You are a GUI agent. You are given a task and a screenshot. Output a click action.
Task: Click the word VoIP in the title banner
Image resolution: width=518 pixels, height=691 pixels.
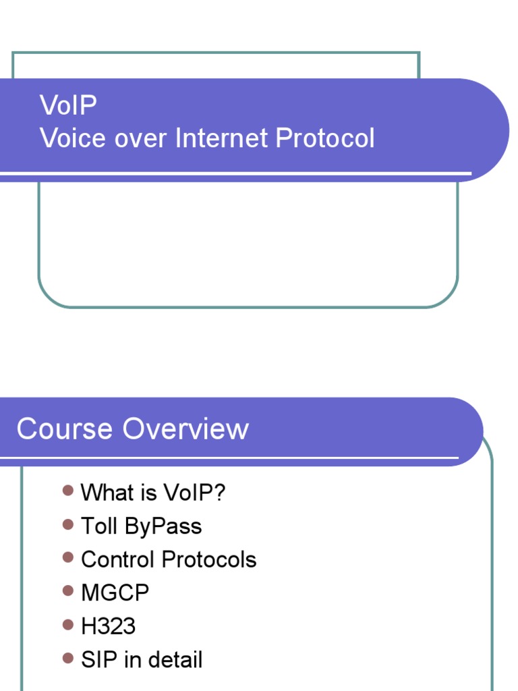68,105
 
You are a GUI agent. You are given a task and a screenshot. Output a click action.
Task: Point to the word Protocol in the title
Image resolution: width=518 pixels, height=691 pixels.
324,138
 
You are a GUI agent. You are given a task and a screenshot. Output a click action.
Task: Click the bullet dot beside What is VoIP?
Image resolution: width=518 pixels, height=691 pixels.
67,491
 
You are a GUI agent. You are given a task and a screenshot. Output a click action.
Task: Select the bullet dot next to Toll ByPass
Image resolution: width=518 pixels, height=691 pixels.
67,524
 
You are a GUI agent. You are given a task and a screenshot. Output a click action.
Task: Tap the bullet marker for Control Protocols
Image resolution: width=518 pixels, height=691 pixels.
67,557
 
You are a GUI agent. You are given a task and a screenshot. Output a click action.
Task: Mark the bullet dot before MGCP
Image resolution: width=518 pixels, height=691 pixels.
67,591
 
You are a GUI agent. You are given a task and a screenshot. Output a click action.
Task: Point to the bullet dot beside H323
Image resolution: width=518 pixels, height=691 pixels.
67,625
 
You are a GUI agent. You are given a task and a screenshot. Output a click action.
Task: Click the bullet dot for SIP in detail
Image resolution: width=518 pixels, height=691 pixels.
67,658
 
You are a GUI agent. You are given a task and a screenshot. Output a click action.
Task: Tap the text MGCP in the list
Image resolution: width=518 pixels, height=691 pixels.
115,593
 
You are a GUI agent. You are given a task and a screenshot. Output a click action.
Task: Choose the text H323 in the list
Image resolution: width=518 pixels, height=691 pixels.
108,626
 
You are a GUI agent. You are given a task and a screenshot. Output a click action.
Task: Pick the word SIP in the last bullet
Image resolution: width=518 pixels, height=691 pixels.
96,660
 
